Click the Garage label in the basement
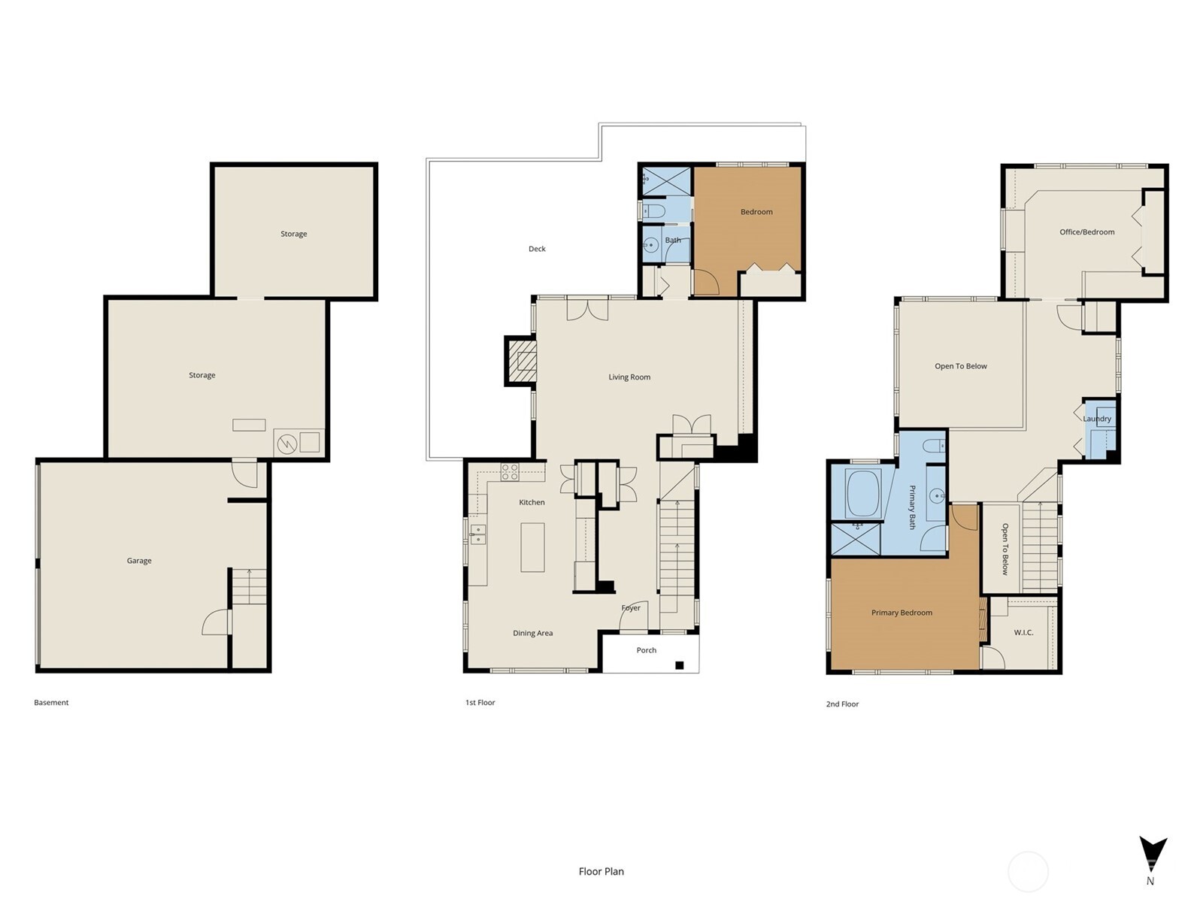(x=139, y=561)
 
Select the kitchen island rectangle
(x=532, y=547)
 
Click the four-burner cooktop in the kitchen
(x=510, y=472)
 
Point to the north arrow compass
(x=1152, y=855)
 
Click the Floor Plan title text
(x=601, y=871)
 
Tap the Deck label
(x=537, y=249)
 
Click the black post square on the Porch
(x=680, y=665)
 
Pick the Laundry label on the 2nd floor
(x=1097, y=419)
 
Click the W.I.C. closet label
(x=1023, y=633)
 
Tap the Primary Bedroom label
(x=901, y=613)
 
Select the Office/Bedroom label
(x=1086, y=232)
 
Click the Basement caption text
(x=51, y=703)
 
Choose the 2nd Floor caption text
(x=842, y=704)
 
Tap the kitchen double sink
(x=477, y=534)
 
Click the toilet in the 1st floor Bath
(x=653, y=210)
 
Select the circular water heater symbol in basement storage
(x=286, y=444)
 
